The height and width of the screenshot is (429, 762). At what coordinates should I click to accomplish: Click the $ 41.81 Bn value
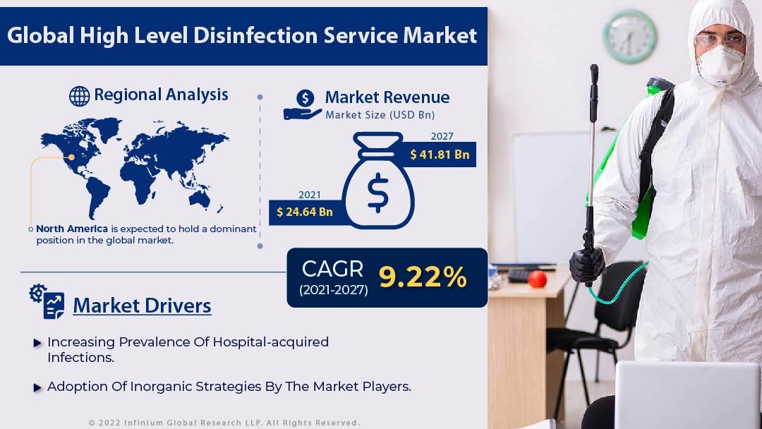click(x=440, y=155)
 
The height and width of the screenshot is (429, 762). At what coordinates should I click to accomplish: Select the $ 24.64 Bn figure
click(x=305, y=212)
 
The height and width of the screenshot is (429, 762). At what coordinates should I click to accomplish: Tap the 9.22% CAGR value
click(x=423, y=277)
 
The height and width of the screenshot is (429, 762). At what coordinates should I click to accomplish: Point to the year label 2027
click(x=442, y=136)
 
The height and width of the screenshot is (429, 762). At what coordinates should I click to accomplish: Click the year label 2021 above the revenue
click(x=310, y=195)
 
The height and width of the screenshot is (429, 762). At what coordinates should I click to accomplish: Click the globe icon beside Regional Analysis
click(x=79, y=96)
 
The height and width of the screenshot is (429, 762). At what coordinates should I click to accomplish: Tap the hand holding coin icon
click(x=302, y=104)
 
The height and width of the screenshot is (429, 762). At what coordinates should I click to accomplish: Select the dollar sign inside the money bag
click(x=377, y=193)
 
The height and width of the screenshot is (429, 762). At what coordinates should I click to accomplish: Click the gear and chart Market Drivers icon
click(x=47, y=301)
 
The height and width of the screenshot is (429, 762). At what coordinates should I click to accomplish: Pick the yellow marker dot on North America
click(x=71, y=157)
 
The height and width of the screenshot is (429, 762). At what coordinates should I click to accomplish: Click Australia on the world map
click(x=200, y=198)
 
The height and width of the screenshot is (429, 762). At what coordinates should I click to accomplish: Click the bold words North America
click(x=72, y=229)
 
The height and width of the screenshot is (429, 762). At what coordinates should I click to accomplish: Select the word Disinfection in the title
click(x=255, y=35)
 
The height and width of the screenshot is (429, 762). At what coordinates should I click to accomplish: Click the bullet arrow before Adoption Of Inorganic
click(x=37, y=387)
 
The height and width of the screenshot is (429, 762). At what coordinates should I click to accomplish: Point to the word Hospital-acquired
click(x=271, y=342)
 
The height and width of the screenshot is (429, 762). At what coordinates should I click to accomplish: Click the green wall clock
click(x=630, y=37)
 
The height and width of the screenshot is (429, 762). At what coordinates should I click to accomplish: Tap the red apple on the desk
click(x=538, y=279)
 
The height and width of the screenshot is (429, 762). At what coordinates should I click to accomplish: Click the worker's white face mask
click(x=720, y=65)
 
